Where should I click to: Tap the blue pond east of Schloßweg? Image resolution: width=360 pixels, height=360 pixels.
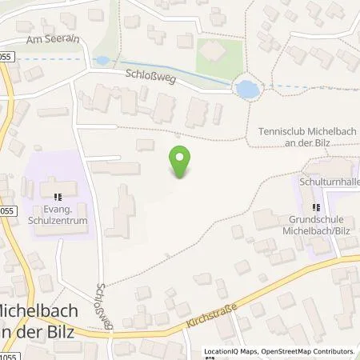pos(247,89)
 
